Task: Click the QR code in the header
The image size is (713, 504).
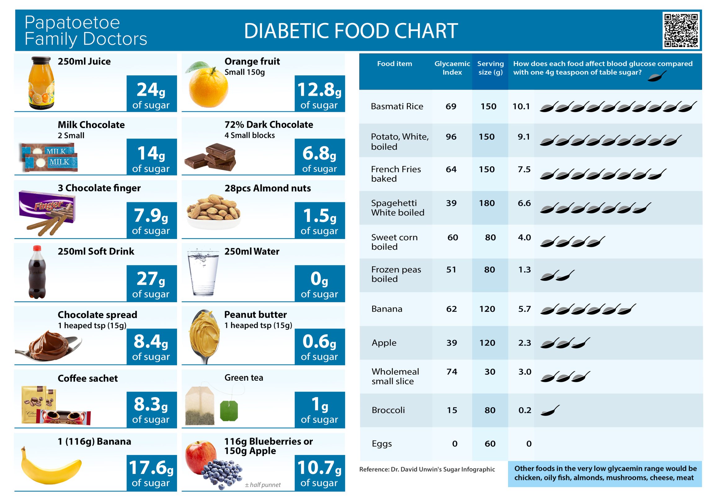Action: (x=681, y=30)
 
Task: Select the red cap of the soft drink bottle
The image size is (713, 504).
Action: (x=37, y=248)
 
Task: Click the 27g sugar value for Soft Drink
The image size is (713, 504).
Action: (x=151, y=279)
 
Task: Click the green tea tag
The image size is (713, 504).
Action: (x=229, y=410)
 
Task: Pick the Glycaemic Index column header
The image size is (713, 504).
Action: (x=452, y=68)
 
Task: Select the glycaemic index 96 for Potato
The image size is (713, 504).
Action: (x=451, y=137)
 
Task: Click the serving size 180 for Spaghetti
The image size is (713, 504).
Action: (x=487, y=203)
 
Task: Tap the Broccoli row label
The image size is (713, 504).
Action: (x=388, y=410)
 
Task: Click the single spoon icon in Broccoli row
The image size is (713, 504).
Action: (x=550, y=410)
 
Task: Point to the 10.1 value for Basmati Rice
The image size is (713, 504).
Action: (x=521, y=106)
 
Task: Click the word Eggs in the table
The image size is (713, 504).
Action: (x=382, y=444)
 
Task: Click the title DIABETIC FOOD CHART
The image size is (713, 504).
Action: (x=351, y=31)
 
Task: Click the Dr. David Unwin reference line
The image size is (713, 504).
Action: (x=427, y=469)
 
